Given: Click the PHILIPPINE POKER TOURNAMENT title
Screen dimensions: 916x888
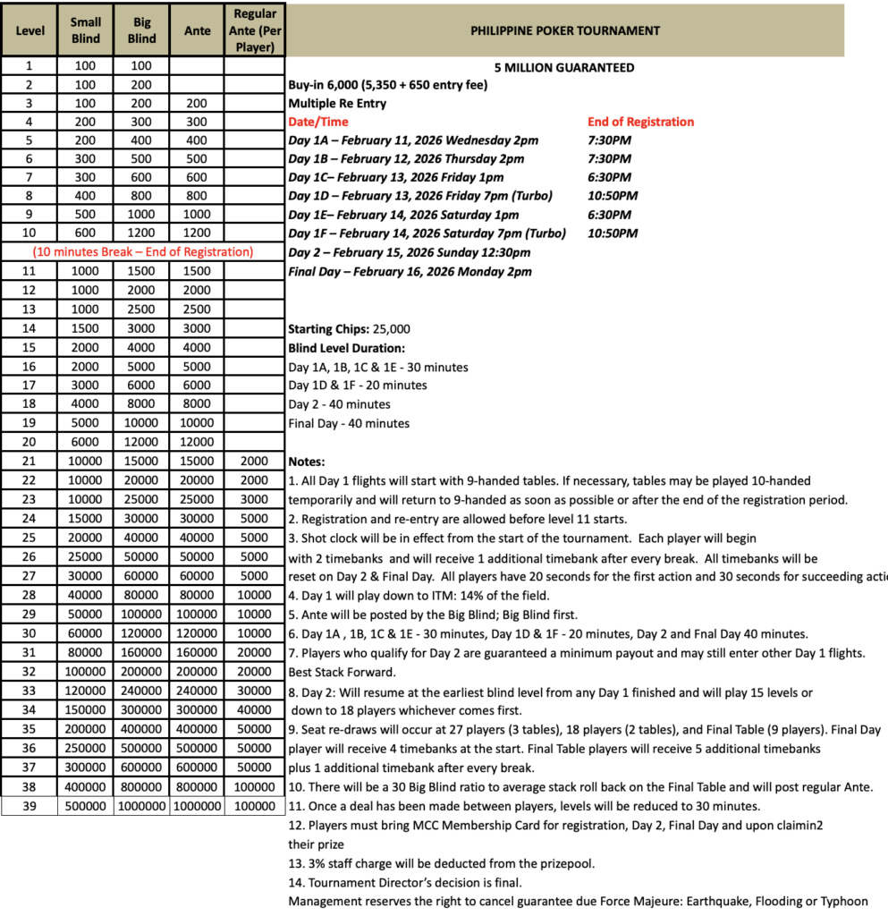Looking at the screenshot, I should (x=565, y=30).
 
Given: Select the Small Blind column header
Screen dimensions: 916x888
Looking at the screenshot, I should (x=86, y=30).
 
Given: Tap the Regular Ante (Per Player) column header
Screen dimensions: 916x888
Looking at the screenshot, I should (x=255, y=30).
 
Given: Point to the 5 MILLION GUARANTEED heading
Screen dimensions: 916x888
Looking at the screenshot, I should (x=564, y=67).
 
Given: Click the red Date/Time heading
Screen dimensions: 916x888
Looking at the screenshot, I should (x=318, y=122).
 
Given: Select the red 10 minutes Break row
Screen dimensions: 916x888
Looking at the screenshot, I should (x=143, y=251).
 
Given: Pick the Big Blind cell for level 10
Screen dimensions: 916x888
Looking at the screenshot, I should (x=141, y=233).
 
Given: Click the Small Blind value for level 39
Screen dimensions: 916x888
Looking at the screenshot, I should (x=86, y=806).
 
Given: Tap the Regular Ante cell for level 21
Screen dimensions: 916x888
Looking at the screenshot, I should (x=254, y=461).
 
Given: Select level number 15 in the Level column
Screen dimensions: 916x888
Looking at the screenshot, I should (x=30, y=347).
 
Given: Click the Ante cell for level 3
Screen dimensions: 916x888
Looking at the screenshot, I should (x=198, y=103).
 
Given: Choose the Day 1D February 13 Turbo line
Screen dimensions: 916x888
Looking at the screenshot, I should (x=420, y=196).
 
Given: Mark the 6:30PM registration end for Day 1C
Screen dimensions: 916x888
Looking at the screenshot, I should (x=609, y=177).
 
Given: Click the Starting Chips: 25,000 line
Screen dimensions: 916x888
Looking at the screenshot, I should (x=350, y=328).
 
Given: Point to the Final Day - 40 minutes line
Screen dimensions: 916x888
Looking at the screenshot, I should (x=349, y=423).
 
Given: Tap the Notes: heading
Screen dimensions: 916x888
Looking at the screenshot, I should (x=306, y=462).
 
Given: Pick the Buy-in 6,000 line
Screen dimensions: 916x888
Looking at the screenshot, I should (x=389, y=85).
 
